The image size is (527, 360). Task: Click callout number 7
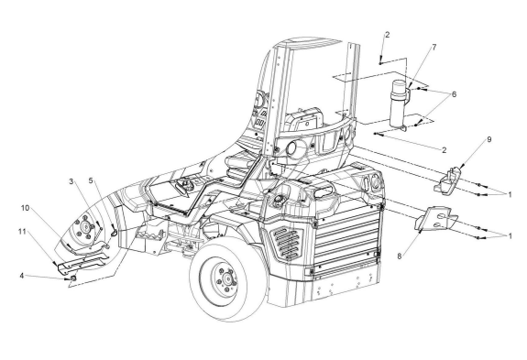click(x=434, y=47)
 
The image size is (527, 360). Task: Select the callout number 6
click(x=454, y=94)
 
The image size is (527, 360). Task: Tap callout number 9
click(x=489, y=139)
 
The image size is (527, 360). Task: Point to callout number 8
click(x=400, y=256)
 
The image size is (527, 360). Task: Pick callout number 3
click(x=71, y=181)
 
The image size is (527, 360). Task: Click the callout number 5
click(x=91, y=180)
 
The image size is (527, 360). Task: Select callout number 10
click(x=26, y=208)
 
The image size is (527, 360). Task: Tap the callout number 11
click(x=22, y=232)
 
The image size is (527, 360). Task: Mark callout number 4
click(x=22, y=276)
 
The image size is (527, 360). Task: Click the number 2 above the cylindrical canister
click(x=387, y=35)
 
